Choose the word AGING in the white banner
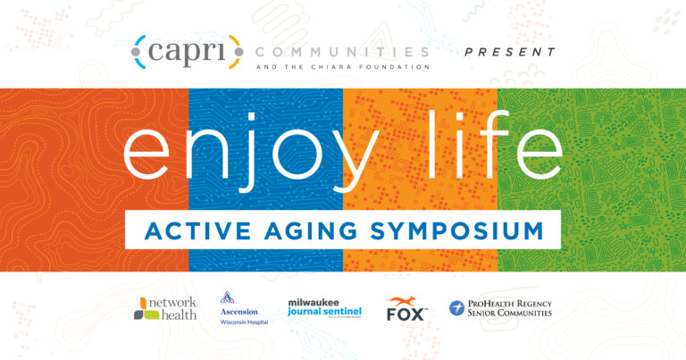[x=310, y=230]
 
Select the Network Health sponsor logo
[x=165, y=308]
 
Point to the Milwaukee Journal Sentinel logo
[x=325, y=308]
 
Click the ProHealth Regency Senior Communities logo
[x=500, y=308]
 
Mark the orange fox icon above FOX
[x=406, y=300]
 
